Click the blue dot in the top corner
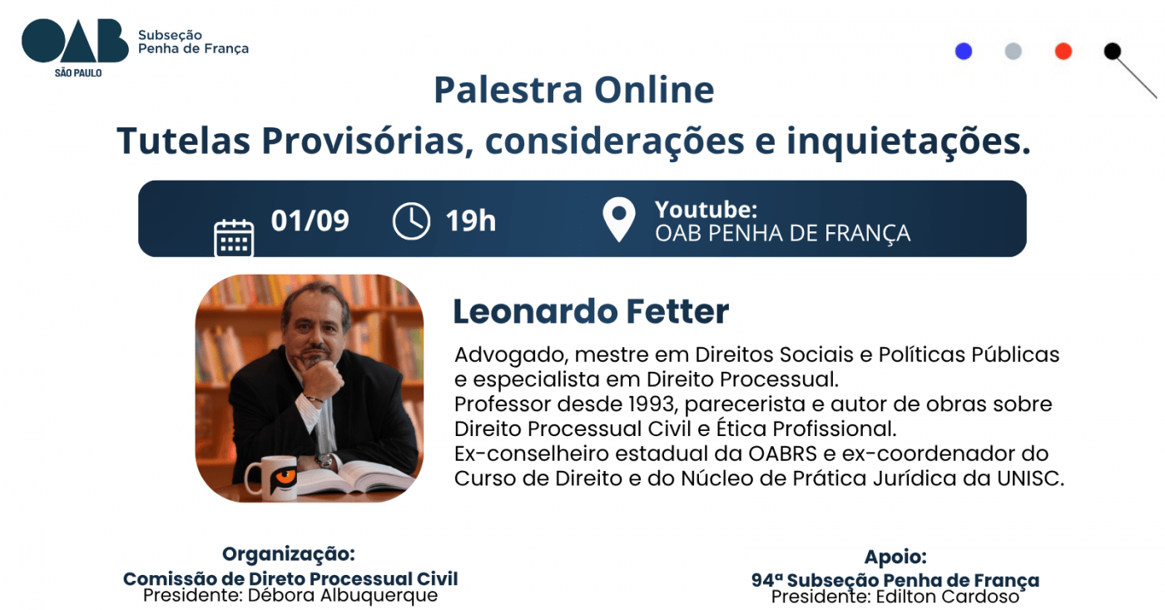point(964,51)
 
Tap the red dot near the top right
point(1063,51)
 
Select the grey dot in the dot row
point(1014,51)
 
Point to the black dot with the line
point(1113,51)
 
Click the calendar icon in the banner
point(234,238)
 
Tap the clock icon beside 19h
point(411,221)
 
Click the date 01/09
point(310,221)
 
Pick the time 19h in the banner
point(471,221)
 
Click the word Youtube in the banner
point(706,210)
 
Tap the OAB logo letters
point(75,41)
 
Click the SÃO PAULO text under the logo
point(78,73)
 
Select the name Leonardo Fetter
point(591,311)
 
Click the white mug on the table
point(271,478)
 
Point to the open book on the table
point(359,476)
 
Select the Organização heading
point(289,554)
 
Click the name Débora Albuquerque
point(343,596)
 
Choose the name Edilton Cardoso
point(947,597)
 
